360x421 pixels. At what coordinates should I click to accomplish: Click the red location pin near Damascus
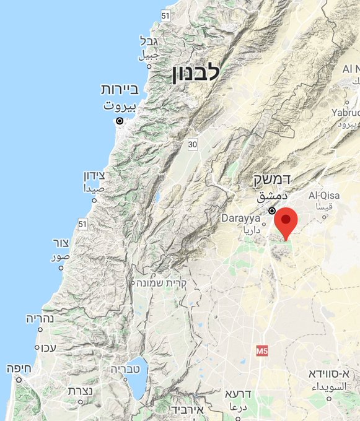click(x=286, y=222)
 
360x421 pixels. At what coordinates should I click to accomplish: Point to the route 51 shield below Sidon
click(x=82, y=223)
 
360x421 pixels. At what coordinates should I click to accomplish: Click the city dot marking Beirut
click(x=120, y=121)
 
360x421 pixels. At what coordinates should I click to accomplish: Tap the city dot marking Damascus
click(x=272, y=210)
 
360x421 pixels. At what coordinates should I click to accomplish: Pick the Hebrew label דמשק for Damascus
click(x=272, y=180)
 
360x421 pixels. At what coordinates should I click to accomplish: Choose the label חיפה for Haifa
click(x=19, y=367)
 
